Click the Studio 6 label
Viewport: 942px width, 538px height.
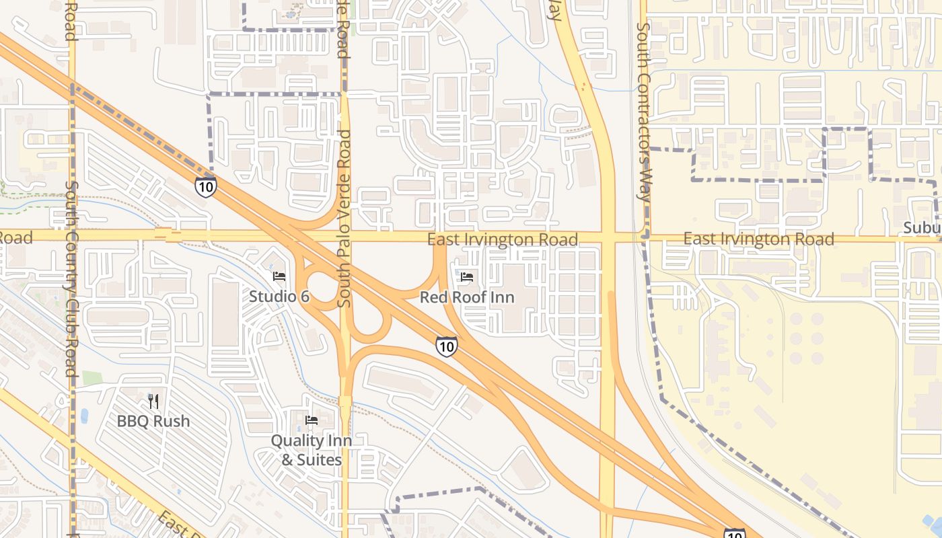tap(279, 296)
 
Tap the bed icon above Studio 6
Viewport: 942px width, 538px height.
tap(279, 276)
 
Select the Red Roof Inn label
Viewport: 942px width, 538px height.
tap(467, 297)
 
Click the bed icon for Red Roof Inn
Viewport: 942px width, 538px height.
tap(467, 277)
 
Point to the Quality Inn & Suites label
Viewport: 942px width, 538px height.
tap(312, 450)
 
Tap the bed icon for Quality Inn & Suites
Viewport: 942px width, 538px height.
tap(312, 421)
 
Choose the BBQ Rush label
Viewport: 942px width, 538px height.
tap(153, 422)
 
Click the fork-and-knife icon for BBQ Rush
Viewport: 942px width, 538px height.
tap(153, 401)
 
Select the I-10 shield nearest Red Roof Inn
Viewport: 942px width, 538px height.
tap(446, 346)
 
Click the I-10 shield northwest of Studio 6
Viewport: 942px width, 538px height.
tap(206, 186)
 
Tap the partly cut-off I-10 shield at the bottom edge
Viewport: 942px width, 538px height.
tap(735, 533)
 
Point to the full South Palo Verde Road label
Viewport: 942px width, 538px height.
tap(345, 219)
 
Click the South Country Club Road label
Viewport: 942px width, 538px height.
tap(71, 279)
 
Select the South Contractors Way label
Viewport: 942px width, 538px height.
tap(643, 111)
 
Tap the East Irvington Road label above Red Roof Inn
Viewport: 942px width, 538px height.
tap(503, 239)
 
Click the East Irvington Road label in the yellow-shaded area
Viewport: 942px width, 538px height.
tap(759, 239)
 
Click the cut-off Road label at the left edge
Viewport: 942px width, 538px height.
tap(15, 237)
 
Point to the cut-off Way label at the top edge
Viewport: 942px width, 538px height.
tap(555, 10)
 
